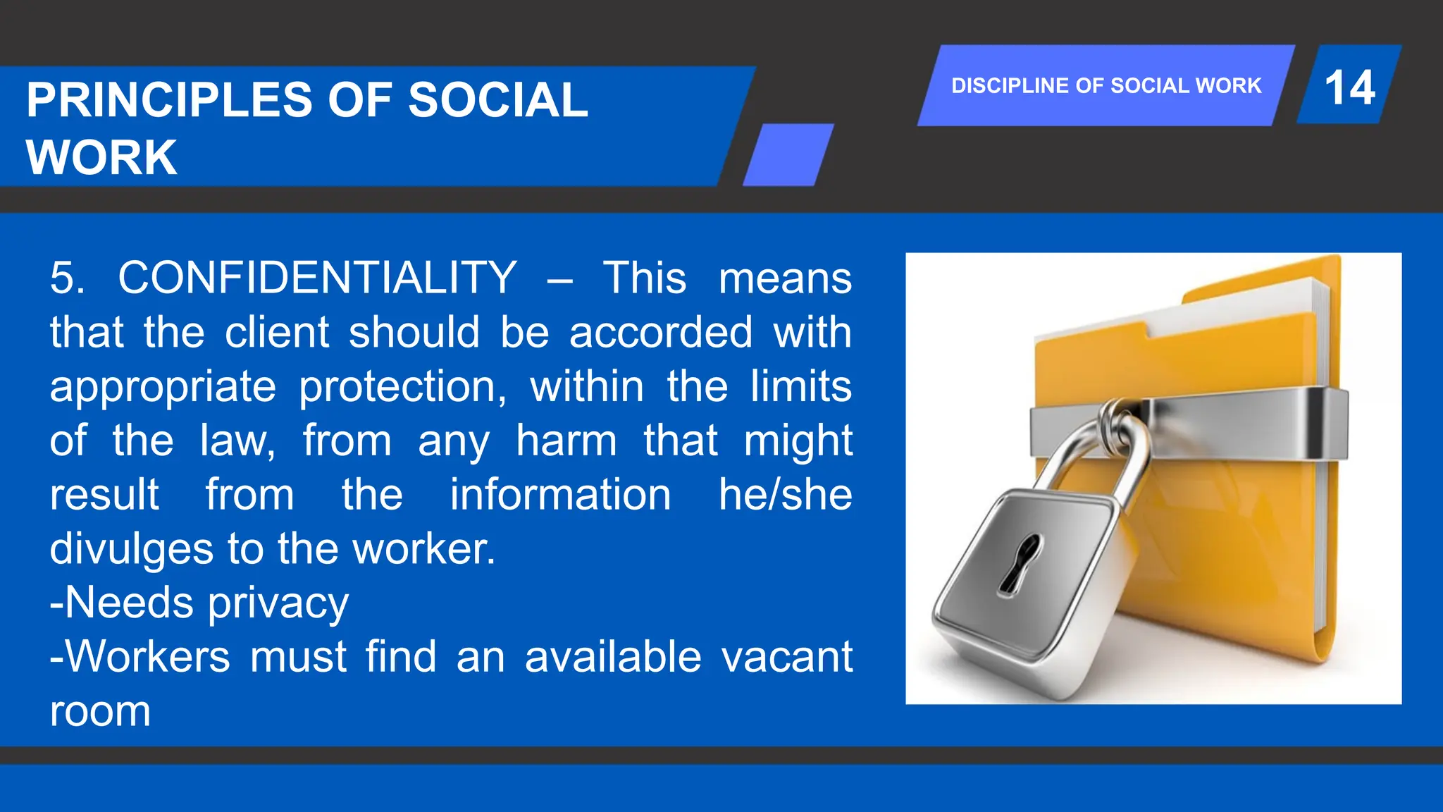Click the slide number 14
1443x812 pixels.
1349,88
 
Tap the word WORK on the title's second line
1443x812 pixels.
101,158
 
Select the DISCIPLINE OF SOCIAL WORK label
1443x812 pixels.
1106,86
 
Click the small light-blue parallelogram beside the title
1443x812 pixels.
788,155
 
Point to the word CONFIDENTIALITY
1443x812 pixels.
317,278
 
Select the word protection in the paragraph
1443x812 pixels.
402,388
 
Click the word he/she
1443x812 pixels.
785,495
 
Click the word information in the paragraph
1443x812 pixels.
560,495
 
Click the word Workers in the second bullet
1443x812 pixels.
148,658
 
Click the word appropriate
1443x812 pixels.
163,388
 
